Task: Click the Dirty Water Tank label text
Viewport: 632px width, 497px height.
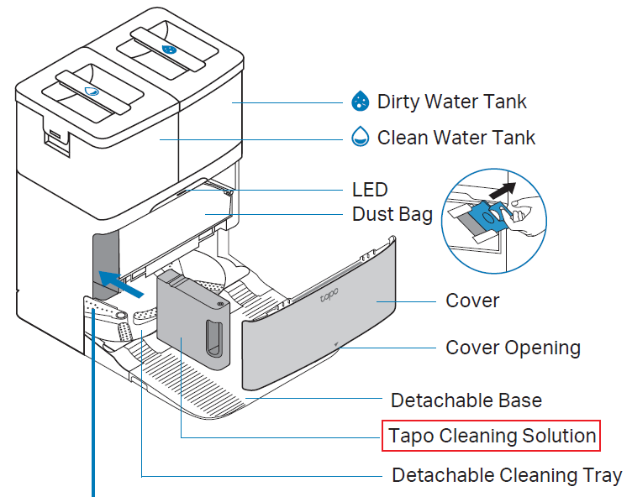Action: (451, 102)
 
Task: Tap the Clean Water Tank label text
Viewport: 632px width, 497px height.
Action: (456, 137)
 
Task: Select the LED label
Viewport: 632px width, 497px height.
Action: (370, 189)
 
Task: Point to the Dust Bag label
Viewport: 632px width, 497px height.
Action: (392, 214)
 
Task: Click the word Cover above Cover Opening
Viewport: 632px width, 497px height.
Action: (472, 301)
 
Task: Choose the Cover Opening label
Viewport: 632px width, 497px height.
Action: (513, 347)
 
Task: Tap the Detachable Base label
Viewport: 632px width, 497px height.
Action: (466, 400)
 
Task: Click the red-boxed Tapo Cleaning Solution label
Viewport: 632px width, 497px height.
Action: (492, 437)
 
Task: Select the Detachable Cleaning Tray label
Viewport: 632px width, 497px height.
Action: (507, 475)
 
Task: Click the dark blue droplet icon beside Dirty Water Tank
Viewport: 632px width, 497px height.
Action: (360, 102)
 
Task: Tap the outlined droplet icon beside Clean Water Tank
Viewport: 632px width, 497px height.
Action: (360, 137)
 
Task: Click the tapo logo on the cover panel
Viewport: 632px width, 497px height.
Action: (329, 296)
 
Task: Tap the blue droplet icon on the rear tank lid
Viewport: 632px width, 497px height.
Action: (169, 50)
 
